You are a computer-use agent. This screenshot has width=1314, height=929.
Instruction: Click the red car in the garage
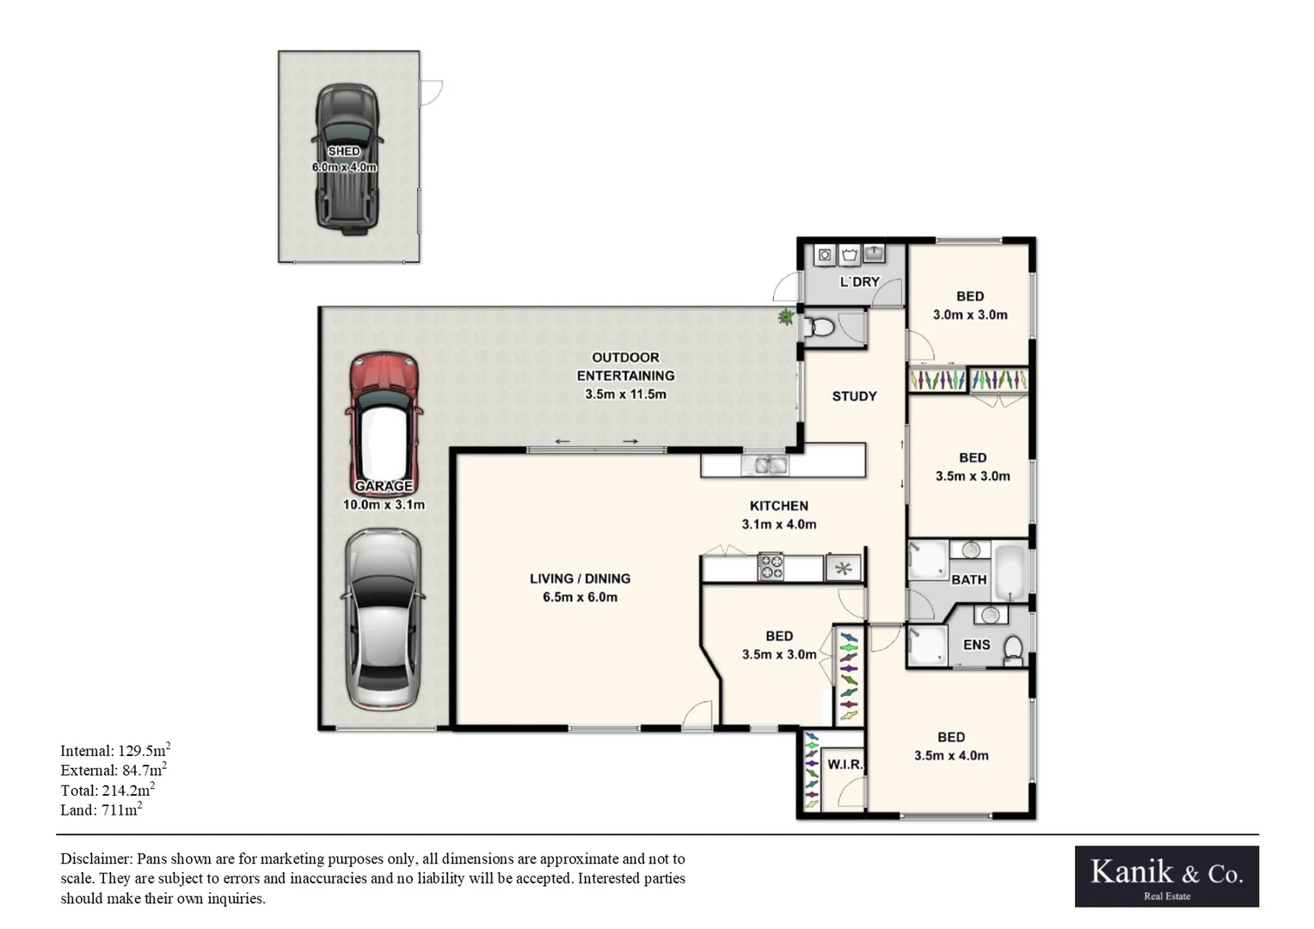pos(384,421)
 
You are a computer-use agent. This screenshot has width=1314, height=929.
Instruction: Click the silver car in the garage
pos(383,619)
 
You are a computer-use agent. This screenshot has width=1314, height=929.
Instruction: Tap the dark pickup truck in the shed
pos(347,159)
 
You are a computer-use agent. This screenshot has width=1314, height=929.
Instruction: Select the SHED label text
pos(344,151)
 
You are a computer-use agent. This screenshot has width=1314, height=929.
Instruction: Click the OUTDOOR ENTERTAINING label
pos(625,366)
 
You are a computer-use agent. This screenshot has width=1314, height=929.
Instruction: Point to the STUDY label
pos(854,397)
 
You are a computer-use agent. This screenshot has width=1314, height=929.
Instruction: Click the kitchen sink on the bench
pos(764,466)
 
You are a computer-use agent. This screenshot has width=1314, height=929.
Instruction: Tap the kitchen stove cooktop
pos(770,568)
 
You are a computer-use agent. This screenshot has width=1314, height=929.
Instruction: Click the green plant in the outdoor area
pos(785,317)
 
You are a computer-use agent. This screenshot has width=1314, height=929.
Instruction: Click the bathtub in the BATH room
pos(1010,571)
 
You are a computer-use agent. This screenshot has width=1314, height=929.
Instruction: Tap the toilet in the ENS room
pos(1013,650)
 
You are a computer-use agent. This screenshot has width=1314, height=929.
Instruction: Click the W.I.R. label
pos(844,765)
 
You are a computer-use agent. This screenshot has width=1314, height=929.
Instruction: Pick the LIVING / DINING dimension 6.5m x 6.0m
pos(580,597)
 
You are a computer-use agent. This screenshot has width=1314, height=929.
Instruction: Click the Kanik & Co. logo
pos(1166,876)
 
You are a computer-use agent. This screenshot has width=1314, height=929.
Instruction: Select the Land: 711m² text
pos(101,809)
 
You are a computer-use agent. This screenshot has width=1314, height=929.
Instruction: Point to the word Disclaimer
pos(95,858)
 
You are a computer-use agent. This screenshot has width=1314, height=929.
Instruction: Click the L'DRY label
pos(859,282)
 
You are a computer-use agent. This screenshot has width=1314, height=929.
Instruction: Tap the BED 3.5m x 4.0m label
pos(950,747)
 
